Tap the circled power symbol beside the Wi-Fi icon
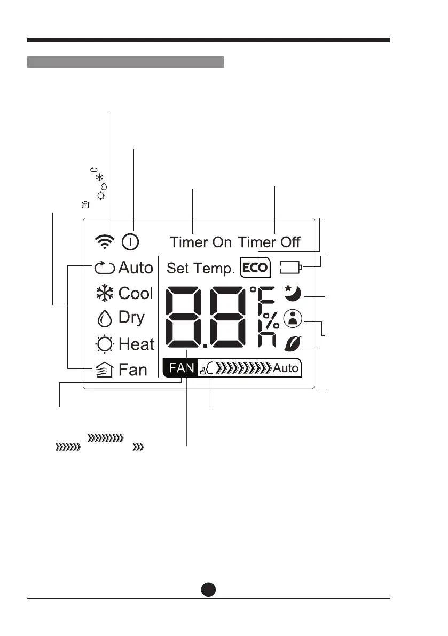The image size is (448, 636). (x=130, y=242)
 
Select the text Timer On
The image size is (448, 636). (x=201, y=242)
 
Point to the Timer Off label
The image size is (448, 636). (x=269, y=242)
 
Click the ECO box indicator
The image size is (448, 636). (x=255, y=267)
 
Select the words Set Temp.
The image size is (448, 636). (x=201, y=268)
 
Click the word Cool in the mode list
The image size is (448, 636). (x=136, y=293)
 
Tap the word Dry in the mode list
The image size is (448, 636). (x=131, y=317)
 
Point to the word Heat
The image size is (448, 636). (x=136, y=344)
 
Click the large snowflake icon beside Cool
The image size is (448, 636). (x=104, y=293)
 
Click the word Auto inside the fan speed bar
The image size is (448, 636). (x=286, y=368)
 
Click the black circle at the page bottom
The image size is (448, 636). (x=209, y=589)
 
